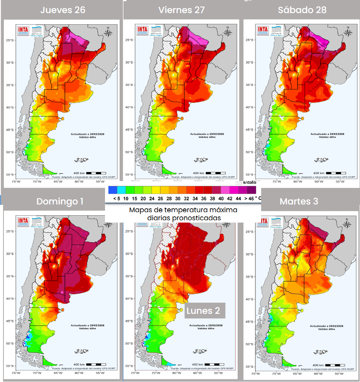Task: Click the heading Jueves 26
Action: click(63, 10)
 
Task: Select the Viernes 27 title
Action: click(182, 10)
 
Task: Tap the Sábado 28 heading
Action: click(302, 10)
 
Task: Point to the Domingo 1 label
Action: click(60, 201)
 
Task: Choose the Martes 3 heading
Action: click(299, 201)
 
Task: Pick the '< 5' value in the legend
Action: click(117, 198)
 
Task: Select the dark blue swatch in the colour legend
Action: click(112, 190)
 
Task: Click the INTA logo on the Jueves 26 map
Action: click(22, 30)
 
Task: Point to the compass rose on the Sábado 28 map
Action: click(347, 32)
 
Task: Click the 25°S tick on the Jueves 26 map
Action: click(10, 40)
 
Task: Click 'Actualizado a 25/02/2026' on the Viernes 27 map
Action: click(207, 134)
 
